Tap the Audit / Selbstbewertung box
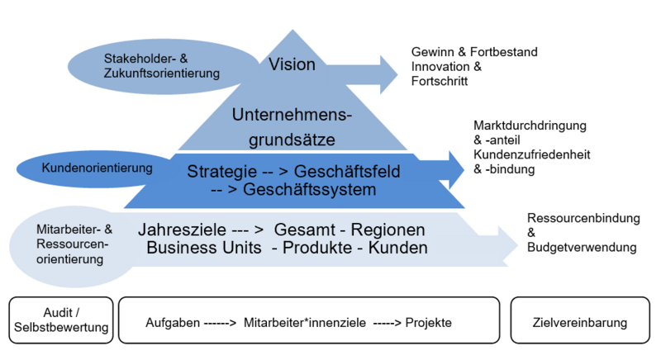coord(62,322)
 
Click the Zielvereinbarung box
coord(581,322)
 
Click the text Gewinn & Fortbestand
coord(474,52)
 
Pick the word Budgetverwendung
coord(581,247)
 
